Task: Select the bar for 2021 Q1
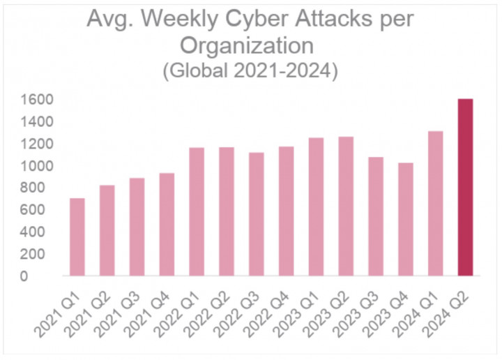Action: [x=77, y=237]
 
